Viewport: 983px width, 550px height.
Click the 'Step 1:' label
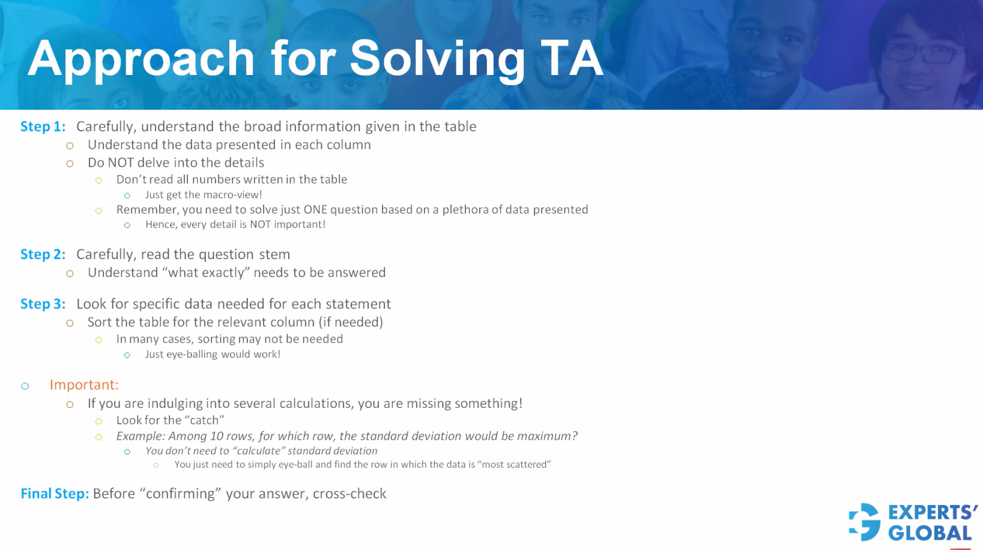43,127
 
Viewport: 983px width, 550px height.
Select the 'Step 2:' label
43,254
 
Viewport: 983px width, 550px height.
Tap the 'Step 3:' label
43,304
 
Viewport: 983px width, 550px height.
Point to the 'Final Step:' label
54,494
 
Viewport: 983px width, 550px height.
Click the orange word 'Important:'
84,385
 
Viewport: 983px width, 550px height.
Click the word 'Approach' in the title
141,59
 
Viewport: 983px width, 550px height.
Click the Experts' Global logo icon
864,521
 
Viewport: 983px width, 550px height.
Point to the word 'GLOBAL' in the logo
930,533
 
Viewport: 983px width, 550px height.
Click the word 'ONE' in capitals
315,210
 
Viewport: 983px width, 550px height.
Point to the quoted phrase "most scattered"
514,465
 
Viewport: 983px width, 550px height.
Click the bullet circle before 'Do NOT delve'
70,163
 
